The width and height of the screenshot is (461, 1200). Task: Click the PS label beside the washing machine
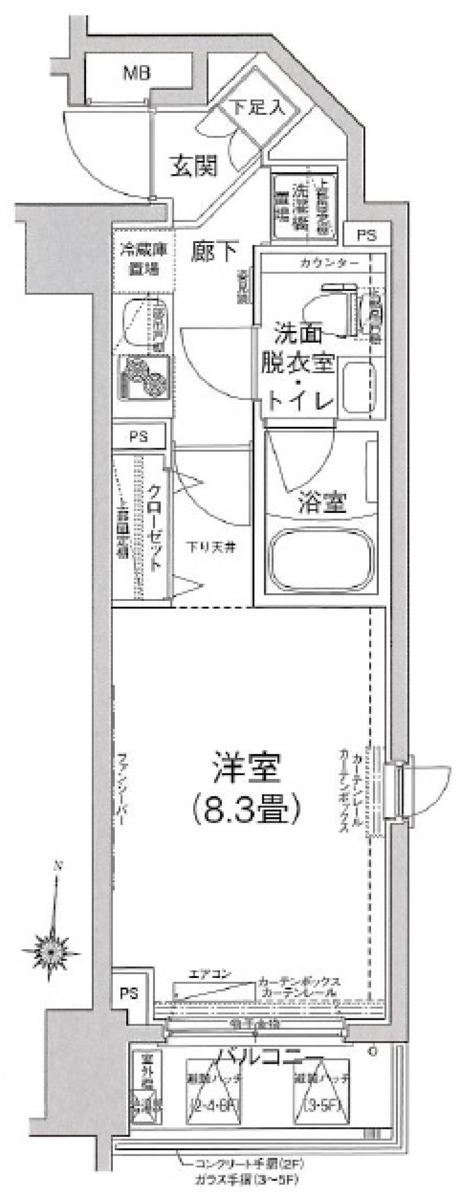coord(367,236)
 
